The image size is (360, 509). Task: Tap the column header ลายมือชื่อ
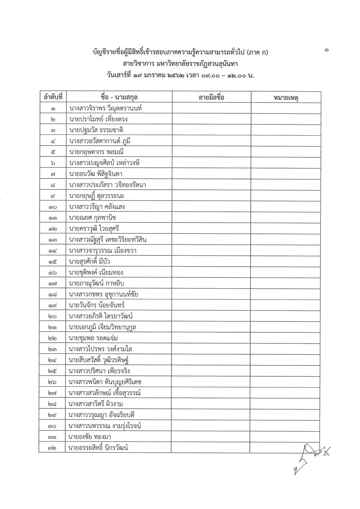tap(211, 97)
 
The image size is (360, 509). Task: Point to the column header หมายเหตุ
tap(286, 98)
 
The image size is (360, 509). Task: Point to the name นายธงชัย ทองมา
tap(90, 436)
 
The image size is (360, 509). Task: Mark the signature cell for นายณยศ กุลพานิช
tap(211, 218)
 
